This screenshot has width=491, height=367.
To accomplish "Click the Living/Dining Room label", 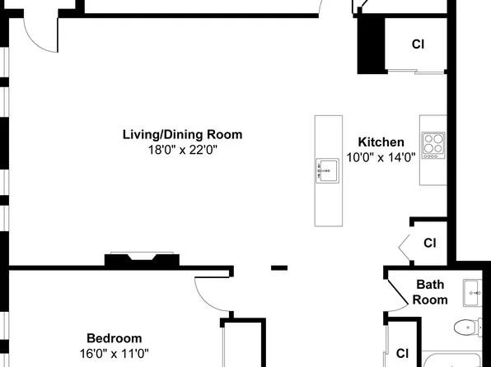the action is tap(182, 135).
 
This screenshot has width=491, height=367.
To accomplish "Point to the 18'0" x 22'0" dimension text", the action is tap(183, 151).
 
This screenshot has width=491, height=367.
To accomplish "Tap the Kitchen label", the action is tap(381, 142).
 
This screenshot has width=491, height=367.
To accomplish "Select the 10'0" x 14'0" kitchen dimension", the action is tap(381, 157).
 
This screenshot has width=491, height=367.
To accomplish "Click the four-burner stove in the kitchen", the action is tap(433, 146).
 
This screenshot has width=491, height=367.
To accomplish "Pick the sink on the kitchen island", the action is tap(327, 170).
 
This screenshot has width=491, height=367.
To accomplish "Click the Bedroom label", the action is tap(115, 338).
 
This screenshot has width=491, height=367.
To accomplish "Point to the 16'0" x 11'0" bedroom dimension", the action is tap(115, 354).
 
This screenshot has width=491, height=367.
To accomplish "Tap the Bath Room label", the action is tap(430, 292).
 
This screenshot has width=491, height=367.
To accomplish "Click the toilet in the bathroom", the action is tap(468, 328).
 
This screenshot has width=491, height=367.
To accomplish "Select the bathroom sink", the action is tap(473, 293).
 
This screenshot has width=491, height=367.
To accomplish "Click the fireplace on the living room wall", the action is tap(142, 259).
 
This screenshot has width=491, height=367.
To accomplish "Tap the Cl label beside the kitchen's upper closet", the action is tap(419, 44).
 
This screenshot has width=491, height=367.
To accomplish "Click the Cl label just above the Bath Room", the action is tap(430, 243).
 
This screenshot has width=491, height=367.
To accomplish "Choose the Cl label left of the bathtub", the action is tap(402, 354).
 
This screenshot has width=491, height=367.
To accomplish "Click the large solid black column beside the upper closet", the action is tap(371, 45).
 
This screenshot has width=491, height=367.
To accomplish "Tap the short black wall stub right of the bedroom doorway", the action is tap(279, 267).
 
